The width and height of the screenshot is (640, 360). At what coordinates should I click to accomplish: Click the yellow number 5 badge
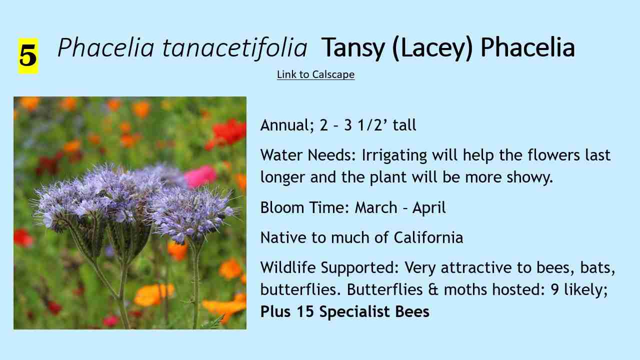[x=28, y=56]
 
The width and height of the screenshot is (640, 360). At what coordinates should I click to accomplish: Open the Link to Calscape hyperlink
[x=315, y=74]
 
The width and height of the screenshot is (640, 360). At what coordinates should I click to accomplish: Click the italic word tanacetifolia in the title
[x=235, y=47]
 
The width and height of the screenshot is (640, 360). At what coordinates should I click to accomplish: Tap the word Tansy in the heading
[x=353, y=48]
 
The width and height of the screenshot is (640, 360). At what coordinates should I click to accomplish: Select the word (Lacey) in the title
[x=432, y=48]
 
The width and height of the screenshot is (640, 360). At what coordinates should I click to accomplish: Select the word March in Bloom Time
[x=375, y=207]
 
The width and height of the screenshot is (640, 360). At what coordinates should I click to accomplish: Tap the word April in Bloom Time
[x=429, y=208]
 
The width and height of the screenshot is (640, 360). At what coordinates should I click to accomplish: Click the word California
[x=428, y=237]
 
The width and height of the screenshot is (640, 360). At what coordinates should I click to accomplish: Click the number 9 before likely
[x=554, y=289]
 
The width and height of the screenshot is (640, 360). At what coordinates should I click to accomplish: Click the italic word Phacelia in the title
[x=106, y=47]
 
